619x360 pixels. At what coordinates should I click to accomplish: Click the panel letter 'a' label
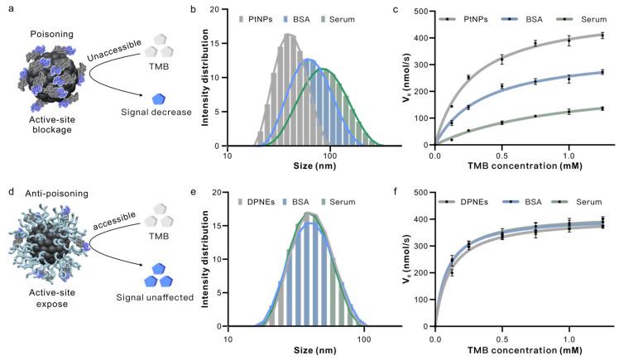coord(7,9)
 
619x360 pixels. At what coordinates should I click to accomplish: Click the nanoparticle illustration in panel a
coord(46,91)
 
